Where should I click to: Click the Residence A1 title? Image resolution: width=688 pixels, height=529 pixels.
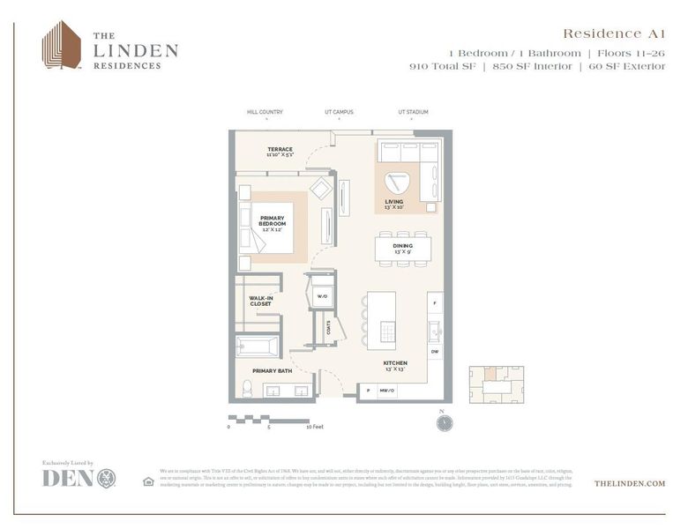(614, 34)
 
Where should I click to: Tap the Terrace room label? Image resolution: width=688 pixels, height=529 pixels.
(280, 152)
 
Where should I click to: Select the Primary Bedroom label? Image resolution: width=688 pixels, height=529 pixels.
(273, 220)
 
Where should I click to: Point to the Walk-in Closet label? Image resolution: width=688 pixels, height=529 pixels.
(260, 301)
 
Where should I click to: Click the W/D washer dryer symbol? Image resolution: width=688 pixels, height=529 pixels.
(323, 296)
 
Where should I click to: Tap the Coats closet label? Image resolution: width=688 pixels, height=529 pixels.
(328, 327)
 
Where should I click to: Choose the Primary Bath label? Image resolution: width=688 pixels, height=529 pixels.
(272, 371)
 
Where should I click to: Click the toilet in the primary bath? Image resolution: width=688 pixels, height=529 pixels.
(246, 388)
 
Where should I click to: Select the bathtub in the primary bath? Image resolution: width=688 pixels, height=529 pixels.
(258, 346)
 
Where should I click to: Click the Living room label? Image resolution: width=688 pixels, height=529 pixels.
(394, 205)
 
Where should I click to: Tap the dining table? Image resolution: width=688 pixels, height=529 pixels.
(403, 249)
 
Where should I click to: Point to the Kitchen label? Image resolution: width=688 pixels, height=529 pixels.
(394, 365)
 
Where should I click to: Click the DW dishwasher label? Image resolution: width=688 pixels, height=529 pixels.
(435, 352)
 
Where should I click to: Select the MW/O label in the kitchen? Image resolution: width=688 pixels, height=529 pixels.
(386, 390)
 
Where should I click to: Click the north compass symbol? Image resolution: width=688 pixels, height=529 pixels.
(444, 422)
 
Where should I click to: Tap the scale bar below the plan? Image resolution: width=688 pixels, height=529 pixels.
(269, 418)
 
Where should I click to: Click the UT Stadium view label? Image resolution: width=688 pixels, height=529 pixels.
(413, 112)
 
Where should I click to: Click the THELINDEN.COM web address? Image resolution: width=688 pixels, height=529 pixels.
(630, 483)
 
